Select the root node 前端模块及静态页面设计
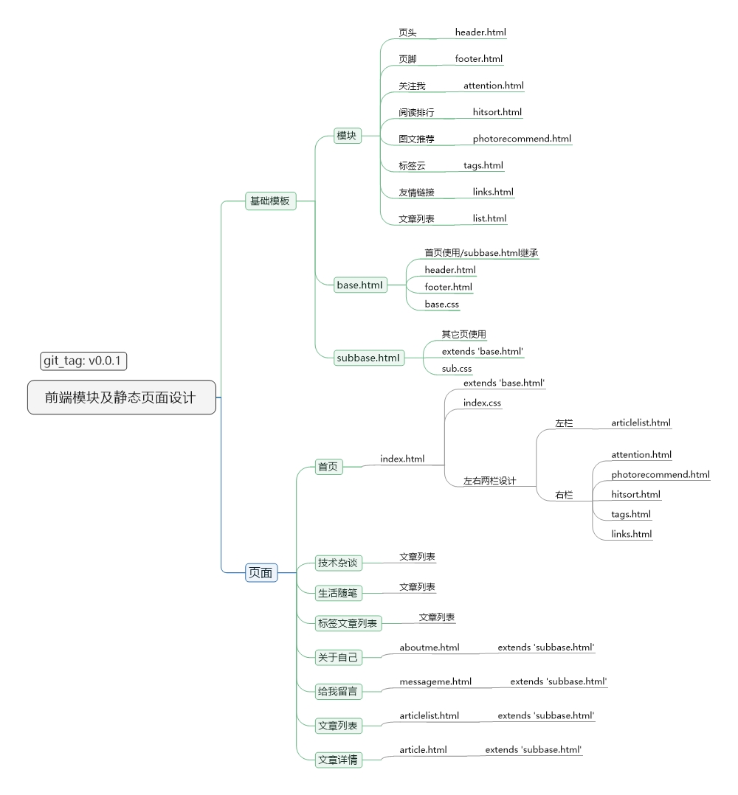122,397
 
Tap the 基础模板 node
270,201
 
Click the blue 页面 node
261,572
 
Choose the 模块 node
347,136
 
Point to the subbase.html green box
368,358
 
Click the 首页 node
328,466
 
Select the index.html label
402,459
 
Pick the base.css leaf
442,304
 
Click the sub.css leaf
457,368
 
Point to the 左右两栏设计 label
489,481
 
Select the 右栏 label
564,495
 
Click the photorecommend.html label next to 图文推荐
522,139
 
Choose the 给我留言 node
337,691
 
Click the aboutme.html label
430,648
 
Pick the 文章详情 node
337,760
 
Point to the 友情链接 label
416,192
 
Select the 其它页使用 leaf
464,334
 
